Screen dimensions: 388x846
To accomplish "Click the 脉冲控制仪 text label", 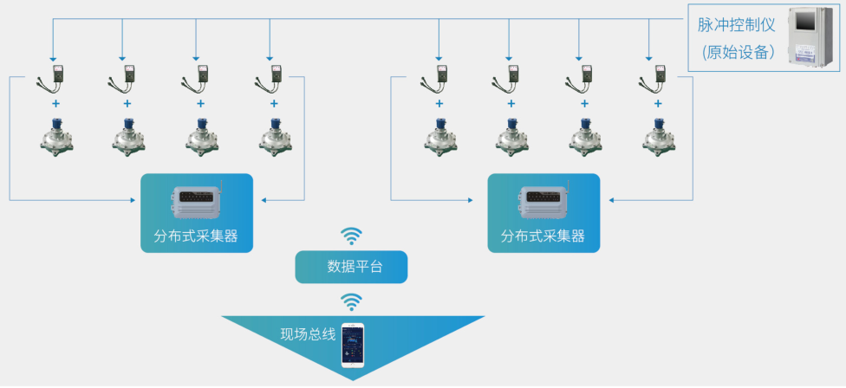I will click(736, 25).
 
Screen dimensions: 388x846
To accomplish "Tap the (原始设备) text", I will click(737, 52).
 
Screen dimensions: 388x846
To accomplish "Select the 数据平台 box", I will click(351, 267).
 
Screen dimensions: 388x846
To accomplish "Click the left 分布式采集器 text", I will click(196, 236).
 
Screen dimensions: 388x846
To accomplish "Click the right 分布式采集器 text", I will click(543, 236).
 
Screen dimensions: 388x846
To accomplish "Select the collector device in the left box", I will click(196, 202).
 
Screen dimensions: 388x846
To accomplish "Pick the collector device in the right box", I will click(543, 202).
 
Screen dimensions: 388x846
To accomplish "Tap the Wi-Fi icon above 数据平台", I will click(351, 236).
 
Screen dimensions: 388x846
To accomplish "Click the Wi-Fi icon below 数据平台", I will click(351, 301).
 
